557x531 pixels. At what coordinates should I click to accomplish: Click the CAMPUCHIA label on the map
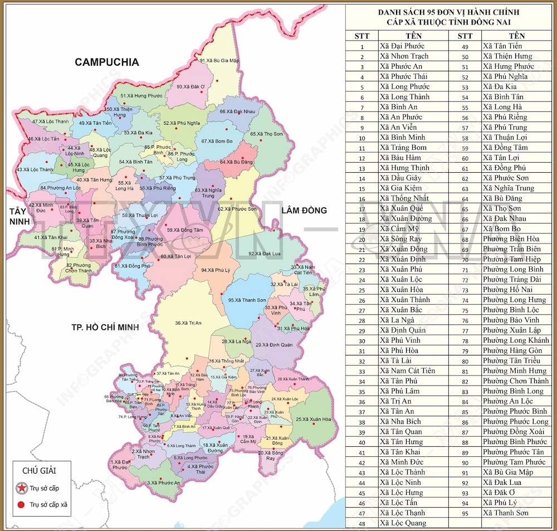tap(107, 62)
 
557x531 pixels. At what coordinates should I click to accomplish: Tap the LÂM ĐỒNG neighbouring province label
tap(304, 210)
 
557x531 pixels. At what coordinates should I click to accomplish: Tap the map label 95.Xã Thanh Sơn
tap(247, 300)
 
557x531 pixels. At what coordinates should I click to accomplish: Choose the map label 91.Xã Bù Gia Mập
tap(219, 60)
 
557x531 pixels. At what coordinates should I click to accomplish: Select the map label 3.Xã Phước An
tap(163, 483)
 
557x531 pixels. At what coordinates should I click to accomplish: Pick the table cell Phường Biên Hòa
tap(511, 239)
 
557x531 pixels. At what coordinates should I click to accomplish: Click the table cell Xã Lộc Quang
tap(403, 523)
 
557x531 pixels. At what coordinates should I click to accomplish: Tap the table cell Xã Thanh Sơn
tap(506, 513)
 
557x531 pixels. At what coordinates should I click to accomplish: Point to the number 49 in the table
tap(465, 46)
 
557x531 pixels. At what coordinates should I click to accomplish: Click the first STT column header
tap(362, 36)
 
